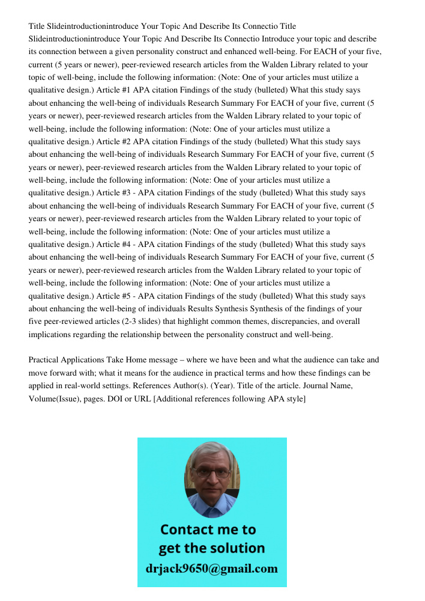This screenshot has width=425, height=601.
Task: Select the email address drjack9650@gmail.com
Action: [x=212, y=569]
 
